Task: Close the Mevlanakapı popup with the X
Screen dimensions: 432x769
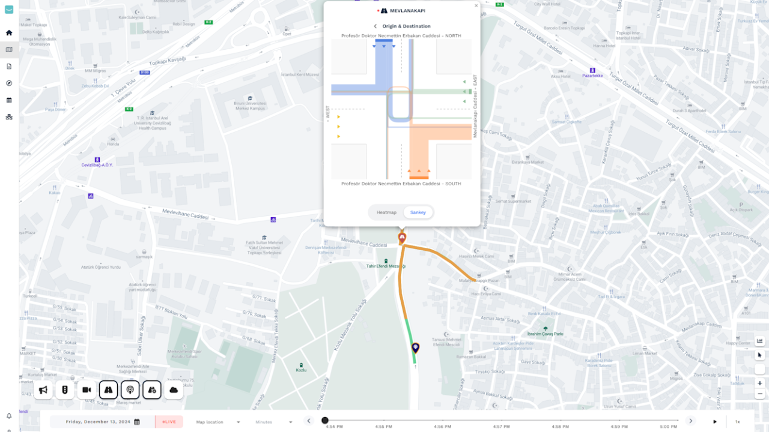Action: (x=476, y=6)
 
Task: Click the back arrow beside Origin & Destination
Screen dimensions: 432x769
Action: (x=375, y=26)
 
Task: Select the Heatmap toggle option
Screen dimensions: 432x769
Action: (x=386, y=212)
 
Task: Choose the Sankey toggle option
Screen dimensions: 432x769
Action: (x=418, y=212)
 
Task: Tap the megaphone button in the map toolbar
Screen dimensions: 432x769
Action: (x=43, y=390)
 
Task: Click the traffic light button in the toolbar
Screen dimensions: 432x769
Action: (x=64, y=390)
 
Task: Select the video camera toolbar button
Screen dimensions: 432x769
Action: (x=87, y=390)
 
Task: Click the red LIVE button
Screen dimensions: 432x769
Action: (x=169, y=422)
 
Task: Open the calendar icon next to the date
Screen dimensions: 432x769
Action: (x=137, y=422)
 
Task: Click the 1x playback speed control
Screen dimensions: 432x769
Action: (x=737, y=422)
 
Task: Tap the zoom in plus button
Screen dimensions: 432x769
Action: (x=760, y=383)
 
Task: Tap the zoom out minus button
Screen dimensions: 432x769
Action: (x=760, y=394)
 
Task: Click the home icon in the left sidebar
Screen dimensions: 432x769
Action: (x=9, y=33)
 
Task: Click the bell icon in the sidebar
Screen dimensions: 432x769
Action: (x=9, y=416)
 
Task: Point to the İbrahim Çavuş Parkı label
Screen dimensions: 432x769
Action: (x=545, y=334)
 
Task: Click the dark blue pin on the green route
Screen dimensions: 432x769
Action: (x=415, y=347)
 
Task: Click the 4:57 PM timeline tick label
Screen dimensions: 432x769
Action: (x=501, y=427)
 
